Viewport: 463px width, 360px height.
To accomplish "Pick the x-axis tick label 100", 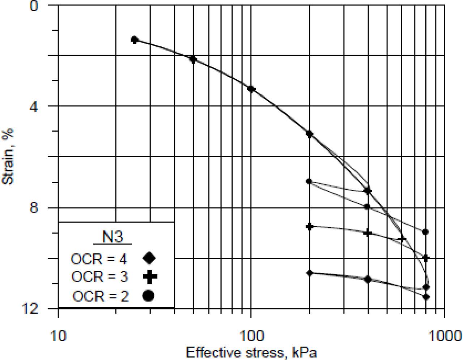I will (251, 337).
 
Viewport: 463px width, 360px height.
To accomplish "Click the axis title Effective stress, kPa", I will (251, 352).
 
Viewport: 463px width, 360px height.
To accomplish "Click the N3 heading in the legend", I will (112, 237).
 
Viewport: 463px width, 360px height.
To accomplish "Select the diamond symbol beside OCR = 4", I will (149, 258).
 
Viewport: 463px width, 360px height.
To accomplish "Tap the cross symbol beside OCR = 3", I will (150, 277).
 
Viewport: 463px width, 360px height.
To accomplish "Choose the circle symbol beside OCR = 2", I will (149, 296).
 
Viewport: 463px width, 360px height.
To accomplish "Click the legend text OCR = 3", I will (99, 277).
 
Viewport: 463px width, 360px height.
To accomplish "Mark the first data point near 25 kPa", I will (135, 39).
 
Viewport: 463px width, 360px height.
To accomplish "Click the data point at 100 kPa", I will (251, 89).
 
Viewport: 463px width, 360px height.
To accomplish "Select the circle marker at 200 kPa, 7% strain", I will (309, 181).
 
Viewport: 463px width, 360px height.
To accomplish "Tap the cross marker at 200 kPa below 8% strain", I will (309, 227).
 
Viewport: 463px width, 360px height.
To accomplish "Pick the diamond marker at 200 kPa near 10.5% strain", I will (309, 273).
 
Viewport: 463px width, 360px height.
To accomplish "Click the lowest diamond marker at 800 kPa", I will (426, 297).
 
